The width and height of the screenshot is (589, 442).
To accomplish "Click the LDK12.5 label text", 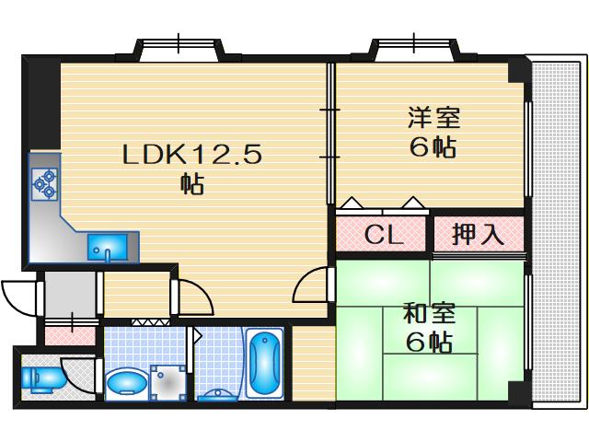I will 192,155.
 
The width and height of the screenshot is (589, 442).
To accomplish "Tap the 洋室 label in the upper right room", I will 433,119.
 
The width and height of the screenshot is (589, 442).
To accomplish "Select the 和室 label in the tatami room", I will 428,313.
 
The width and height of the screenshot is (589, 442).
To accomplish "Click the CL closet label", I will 383,235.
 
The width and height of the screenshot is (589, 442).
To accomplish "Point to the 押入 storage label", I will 478,234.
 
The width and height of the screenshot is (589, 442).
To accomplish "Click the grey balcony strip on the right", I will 559,230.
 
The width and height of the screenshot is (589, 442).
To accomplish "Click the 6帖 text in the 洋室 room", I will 433,147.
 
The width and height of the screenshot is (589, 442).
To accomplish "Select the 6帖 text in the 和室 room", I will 428,343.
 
